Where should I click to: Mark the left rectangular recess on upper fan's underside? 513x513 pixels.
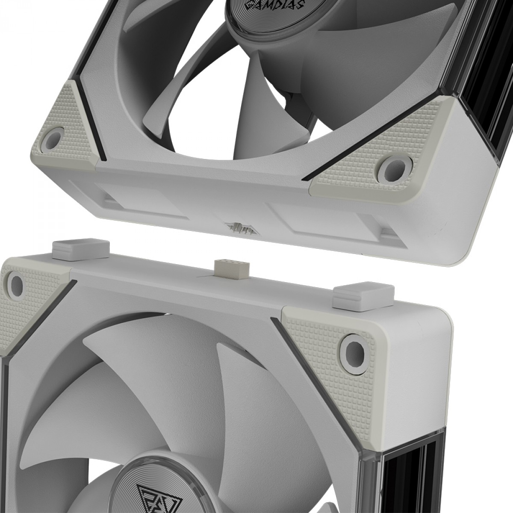pos(145,200)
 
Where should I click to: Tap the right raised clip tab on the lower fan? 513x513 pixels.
pos(355,296)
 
